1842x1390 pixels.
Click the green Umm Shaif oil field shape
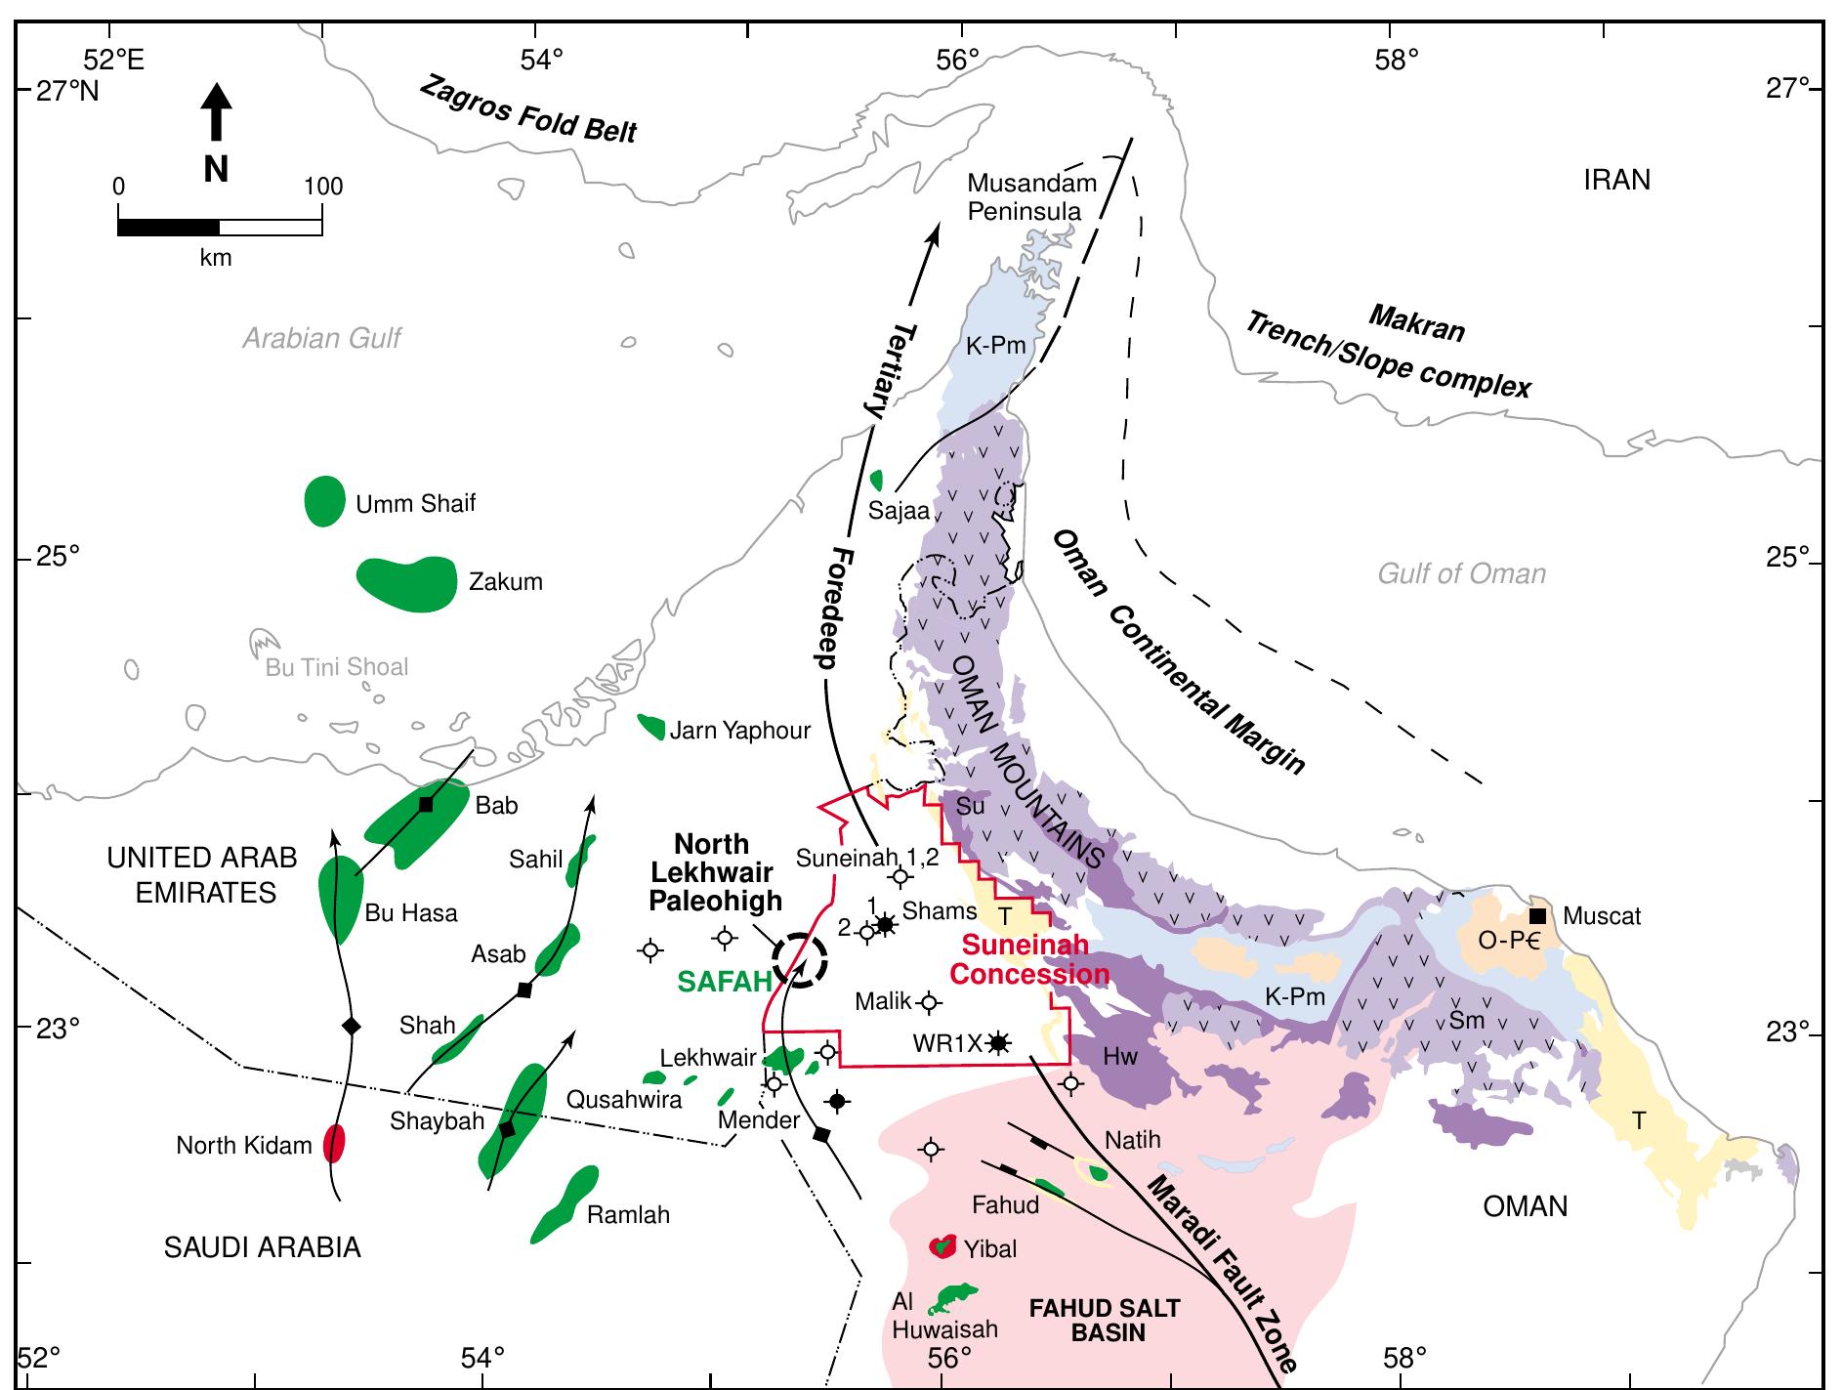[x=324, y=501]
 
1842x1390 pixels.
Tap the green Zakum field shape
[x=408, y=583]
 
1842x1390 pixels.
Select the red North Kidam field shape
[x=334, y=1143]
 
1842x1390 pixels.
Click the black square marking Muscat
[x=1537, y=915]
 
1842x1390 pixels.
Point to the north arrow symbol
[x=216, y=112]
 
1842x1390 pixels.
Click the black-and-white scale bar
[x=220, y=227]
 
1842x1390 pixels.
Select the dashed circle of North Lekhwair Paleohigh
[x=800, y=959]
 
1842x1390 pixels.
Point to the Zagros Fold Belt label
[x=527, y=109]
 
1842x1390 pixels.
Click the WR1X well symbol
[x=997, y=1042]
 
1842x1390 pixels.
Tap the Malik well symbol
[x=929, y=1001]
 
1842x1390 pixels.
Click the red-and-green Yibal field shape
[x=941, y=1246]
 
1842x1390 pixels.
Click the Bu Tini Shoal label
[x=337, y=667]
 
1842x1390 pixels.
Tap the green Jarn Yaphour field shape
[x=651, y=727]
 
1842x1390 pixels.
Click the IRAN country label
[x=1616, y=180]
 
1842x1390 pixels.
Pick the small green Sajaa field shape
[x=876, y=480]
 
